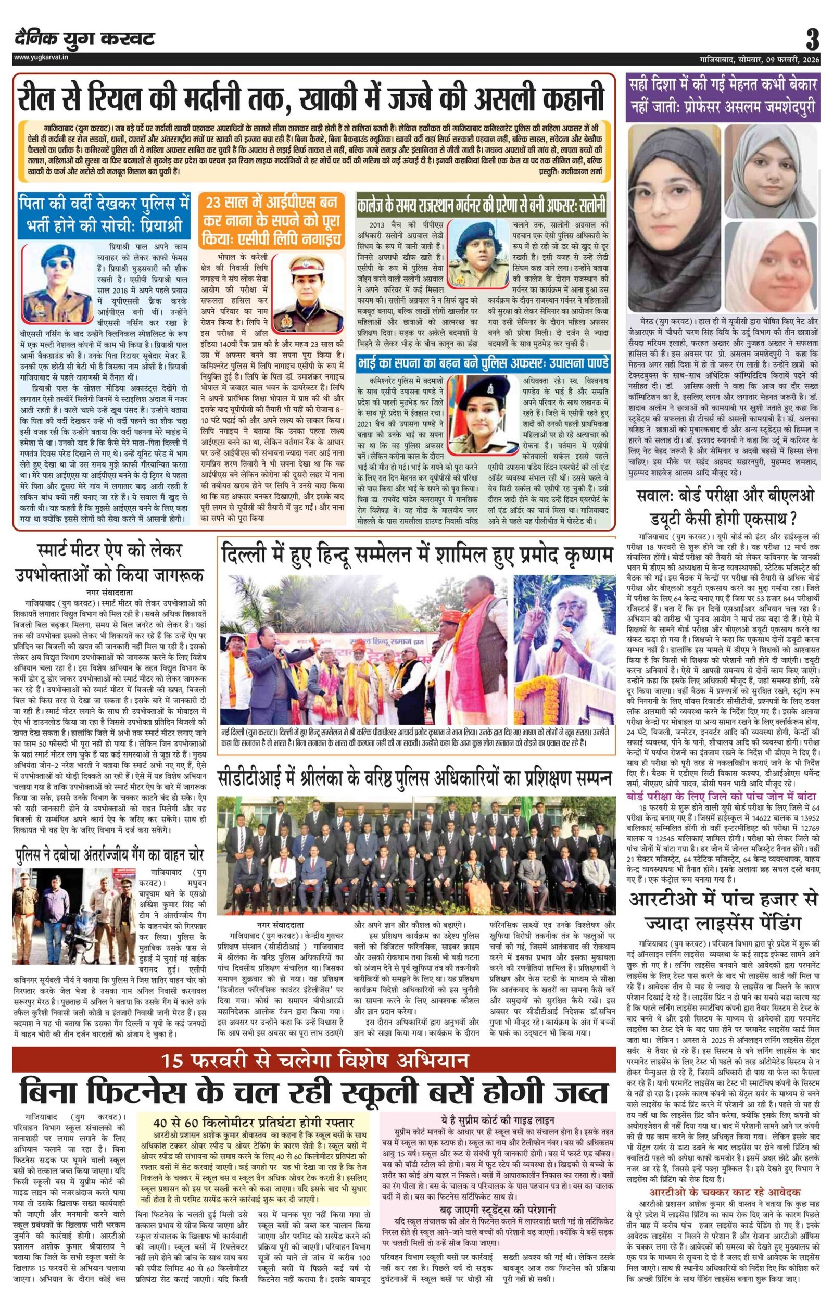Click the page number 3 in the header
(812, 39)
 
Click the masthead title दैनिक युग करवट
(84, 39)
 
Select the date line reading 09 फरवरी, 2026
(795, 58)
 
